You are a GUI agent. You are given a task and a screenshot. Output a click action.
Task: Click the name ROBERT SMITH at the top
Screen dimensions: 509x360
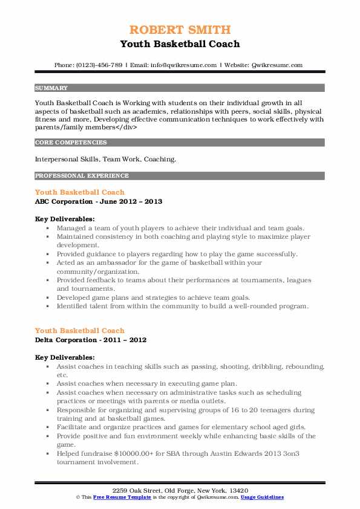[x=180, y=30]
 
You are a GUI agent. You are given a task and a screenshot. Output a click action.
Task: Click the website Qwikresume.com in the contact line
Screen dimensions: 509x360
[x=275, y=65]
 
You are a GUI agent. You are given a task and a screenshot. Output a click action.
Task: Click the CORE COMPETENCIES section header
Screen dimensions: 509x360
[x=71, y=143]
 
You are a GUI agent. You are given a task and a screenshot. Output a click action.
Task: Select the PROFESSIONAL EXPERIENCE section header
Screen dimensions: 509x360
[x=82, y=176]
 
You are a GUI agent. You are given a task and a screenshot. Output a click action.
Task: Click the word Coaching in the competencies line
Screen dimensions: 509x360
[x=159, y=160]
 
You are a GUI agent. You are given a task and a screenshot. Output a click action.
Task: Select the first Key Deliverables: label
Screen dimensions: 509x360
[x=64, y=219]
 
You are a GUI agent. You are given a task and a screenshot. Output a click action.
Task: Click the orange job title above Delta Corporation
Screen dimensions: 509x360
[x=80, y=330]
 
